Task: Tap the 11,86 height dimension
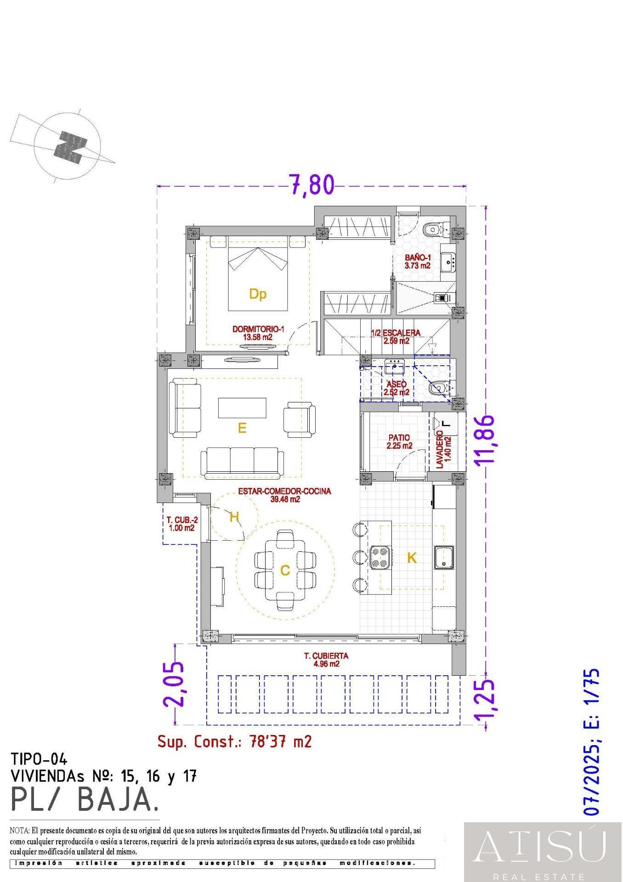[486, 440]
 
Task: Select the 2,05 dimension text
[174, 684]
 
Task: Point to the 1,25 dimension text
[486, 701]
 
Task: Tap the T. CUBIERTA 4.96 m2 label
[326, 660]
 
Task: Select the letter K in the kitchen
[412, 558]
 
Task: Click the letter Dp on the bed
[258, 294]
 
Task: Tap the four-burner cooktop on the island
[380, 557]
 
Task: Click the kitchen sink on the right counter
[444, 557]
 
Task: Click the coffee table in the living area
[242, 407]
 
